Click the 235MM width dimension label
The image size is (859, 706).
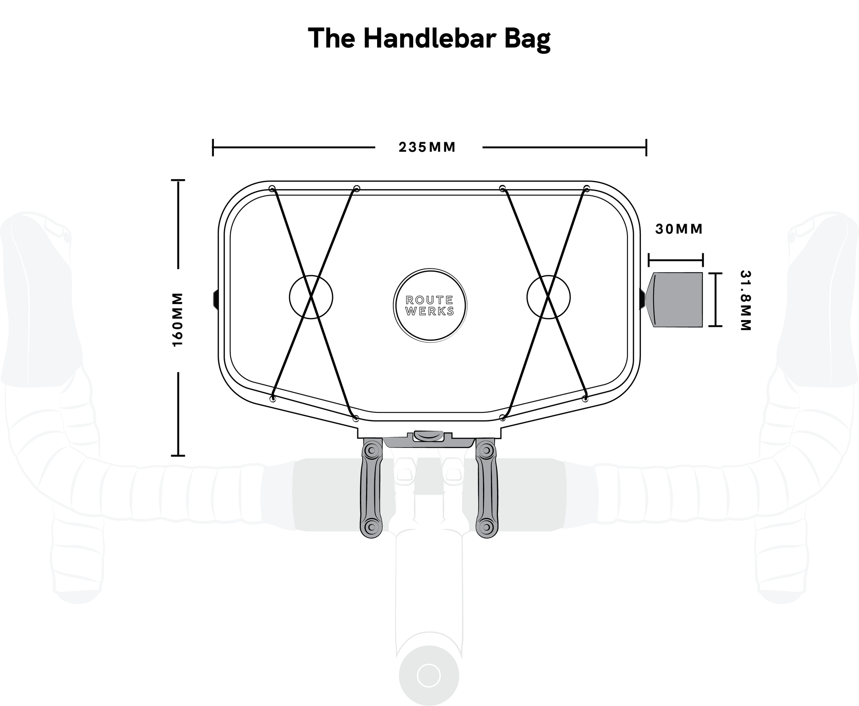[x=427, y=147]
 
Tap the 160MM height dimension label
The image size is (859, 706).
[x=178, y=319]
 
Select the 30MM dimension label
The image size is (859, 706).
[x=679, y=229]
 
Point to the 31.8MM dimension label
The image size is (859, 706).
[x=745, y=300]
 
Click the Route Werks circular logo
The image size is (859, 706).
[x=430, y=305]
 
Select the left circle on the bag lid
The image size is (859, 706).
[x=311, y=297]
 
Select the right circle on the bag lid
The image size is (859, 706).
[x=549, y=297]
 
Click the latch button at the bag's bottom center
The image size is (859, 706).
[x=428, y=435]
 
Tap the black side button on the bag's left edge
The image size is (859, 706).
[x=216, y=300]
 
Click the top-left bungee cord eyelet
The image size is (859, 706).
[x=272, y=188]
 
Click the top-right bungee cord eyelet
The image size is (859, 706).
[x=587, y=188]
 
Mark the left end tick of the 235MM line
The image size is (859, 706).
[x=213, y=148]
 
